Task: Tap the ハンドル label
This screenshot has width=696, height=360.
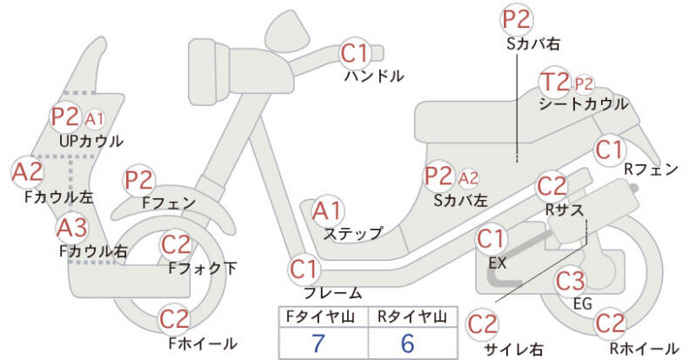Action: (x=374, y=77)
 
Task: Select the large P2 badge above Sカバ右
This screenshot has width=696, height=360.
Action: (x=516, y=18)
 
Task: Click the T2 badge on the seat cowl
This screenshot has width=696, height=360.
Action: (x=555, y=83)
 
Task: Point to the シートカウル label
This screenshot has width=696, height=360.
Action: (x=583, y=104)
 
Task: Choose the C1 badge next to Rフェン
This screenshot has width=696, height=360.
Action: (x=610, y=149)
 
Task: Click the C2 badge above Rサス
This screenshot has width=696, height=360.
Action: (x=552, y=186)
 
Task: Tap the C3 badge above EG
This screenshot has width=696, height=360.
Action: (x=570, y=281)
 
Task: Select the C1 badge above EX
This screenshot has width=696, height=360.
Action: (x=492, y=237)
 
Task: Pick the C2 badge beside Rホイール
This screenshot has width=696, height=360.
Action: (x=611, y=323)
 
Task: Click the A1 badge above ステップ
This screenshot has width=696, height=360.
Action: (x=328, y=210)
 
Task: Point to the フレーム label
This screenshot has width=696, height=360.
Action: (x=332, y=293)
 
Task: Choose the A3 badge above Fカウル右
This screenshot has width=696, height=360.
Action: (x=72, y=229)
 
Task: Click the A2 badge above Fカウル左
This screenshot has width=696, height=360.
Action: (x=27, y=171)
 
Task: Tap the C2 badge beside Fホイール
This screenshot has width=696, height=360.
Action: (x=176, y=319)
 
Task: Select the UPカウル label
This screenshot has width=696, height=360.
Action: (x=90, y=140)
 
